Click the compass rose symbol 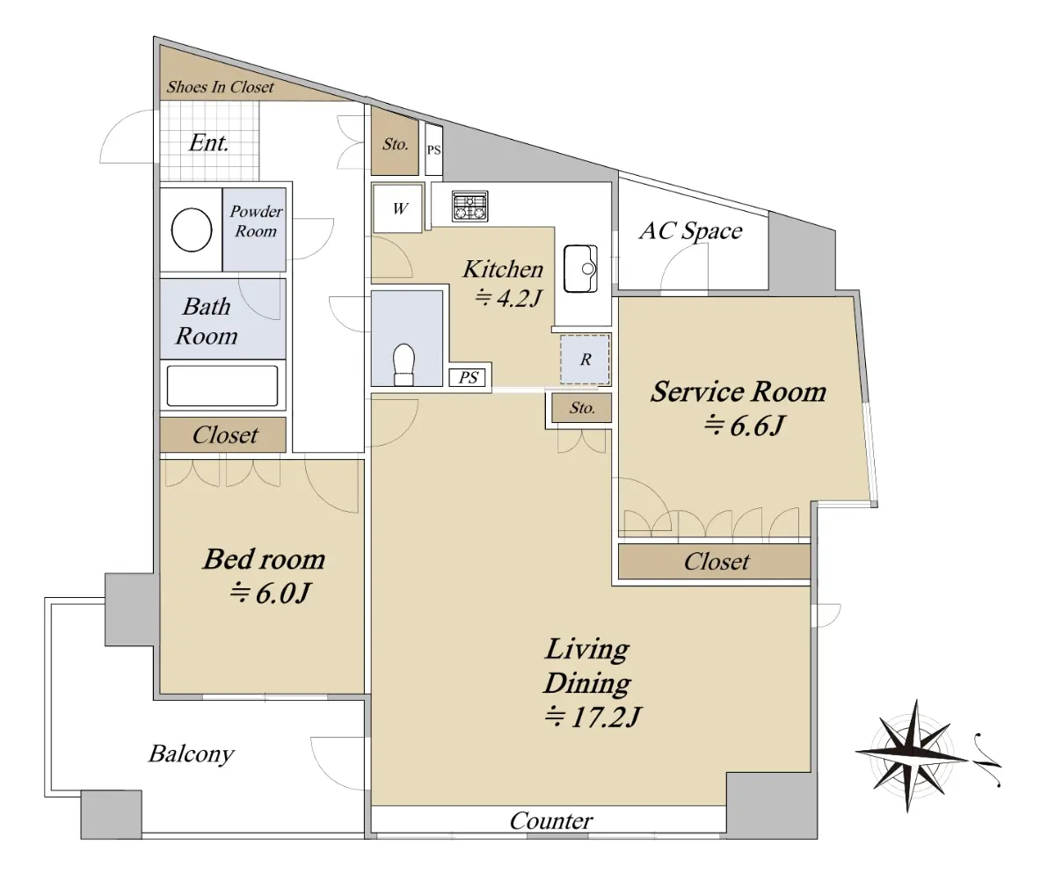click(914, 756)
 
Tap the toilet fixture click(404, 364)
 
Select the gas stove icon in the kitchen click(469, 207)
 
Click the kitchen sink click(580, 269)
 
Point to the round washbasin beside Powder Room click(192, 230)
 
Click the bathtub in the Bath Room click(222, 386)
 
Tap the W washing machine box click(397, 208)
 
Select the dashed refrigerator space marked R click(586, 360)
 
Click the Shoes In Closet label click(221, 87)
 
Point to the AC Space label click(691, 231)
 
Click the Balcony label click(192, 754)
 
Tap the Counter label click(551, 821)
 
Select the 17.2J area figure click(593, 717)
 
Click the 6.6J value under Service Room click(745, 425)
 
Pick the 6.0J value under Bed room click(269, 593)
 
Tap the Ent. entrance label click(208, 142)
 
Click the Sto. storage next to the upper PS click(395, 144)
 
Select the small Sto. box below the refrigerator click(581, 408)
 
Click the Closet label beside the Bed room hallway click(225, 435)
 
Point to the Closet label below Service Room click(717, 562)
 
